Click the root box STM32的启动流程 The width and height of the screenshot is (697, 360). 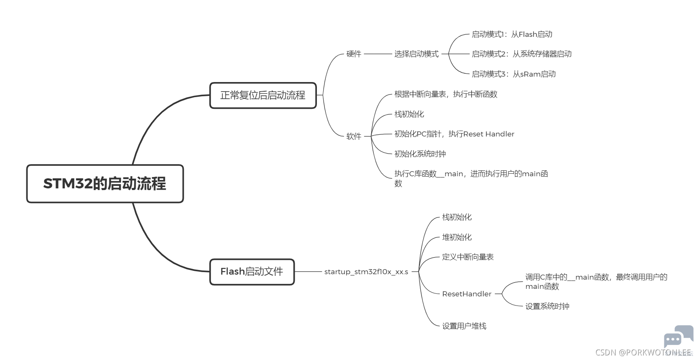point(105,184)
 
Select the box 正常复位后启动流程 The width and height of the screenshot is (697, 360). point(263,95)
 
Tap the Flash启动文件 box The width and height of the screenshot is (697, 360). point(252,272)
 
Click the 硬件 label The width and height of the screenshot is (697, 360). point(354,54)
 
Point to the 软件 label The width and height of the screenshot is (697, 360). point(354,136)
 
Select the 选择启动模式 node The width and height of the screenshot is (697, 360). point(417,54)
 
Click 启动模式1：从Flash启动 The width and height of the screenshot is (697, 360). point(512,34)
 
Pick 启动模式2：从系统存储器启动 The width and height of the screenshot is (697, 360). point(522,54)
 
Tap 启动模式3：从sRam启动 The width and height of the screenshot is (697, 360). point(513,74)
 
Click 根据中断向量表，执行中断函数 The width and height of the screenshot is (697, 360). point(445,94)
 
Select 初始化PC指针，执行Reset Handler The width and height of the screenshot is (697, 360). point(454,134)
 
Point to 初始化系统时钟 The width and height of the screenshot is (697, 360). point(420,154)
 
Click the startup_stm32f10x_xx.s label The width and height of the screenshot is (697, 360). point(366,272)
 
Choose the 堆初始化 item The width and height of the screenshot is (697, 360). point(457,237)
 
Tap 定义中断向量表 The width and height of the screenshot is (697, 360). point(468,257)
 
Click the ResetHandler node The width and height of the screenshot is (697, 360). point(467,294)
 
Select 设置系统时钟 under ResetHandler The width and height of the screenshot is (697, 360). point(547,306)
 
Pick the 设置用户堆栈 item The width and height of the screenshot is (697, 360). point(464,326)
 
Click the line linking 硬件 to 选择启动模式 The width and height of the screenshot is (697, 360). point(378,54)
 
